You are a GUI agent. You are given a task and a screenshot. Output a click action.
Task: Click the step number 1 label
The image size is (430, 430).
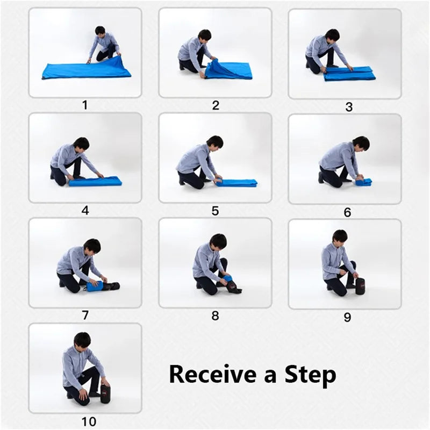click(x=84, y=105)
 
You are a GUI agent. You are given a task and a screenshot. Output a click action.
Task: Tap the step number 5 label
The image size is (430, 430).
click(x=215, y=211)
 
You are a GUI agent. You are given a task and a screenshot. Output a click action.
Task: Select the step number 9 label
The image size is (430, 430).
click(x=347, y=317)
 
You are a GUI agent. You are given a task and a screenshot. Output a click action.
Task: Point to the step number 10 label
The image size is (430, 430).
click(x=85, y=422)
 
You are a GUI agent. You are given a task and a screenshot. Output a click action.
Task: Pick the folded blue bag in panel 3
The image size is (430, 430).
click(x=349, y=73)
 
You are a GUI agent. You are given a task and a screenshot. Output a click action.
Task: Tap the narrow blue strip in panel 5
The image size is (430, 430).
click(x=236, y=183)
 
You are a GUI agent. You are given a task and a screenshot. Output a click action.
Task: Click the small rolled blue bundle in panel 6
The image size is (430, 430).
click(x=363, y=182)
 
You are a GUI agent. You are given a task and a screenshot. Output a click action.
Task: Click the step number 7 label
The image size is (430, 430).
click(x=85, y=316)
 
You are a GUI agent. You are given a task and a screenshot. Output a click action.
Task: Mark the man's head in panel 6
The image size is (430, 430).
click(x=361, y=143)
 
